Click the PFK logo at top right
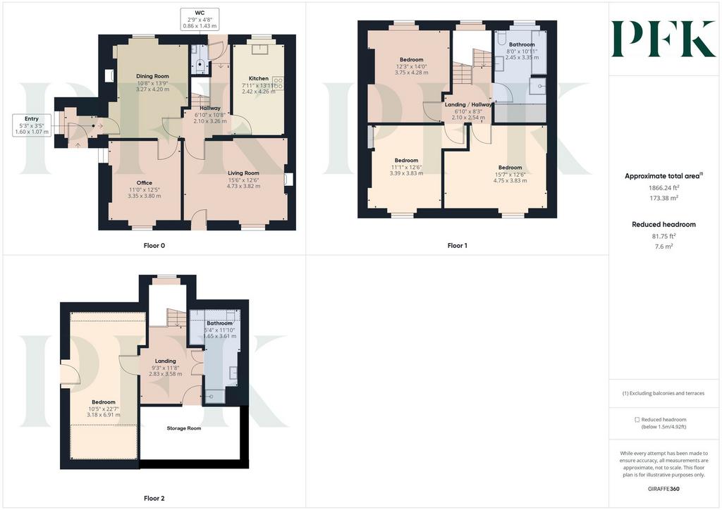pyautogui.click(x=663, y=39)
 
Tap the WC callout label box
pyautogui.click(x=200, y=19)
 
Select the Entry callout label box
pyautogui.click(x=31, y=125)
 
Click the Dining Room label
pyautogui.click(x=152, y=76)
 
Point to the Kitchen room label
pyautogui.click(x=258, y=79)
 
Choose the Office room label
pyautogui.click(x=144, y=182)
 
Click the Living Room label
pyautogui.click(x=243, y=173)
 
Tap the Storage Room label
pyautogui.click(x=184, y=428)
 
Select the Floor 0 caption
pyautogui.click(x=154, y=246)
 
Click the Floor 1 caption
pyautogui.click(x=457, y=246)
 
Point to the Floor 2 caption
pyautogui.click(x=154, y=498)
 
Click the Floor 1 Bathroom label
pyautogui.click(x=522, y=44)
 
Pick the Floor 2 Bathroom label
pyautogui.click(x=220, y=323)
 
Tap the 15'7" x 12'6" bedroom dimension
pyautogui.click(x=510, y=174)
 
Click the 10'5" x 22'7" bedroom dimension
pyautogui.click(x=104, y=409)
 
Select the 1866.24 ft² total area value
pyautogui.click(x=663, y=187)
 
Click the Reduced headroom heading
pyautogui.click(x=663, y=225)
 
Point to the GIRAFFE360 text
pyautogui.click(x=663, y=488)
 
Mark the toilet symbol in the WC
pyautogui.click(x=200, y=66)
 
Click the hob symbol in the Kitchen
pyautogui.click(x=278, y=83)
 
